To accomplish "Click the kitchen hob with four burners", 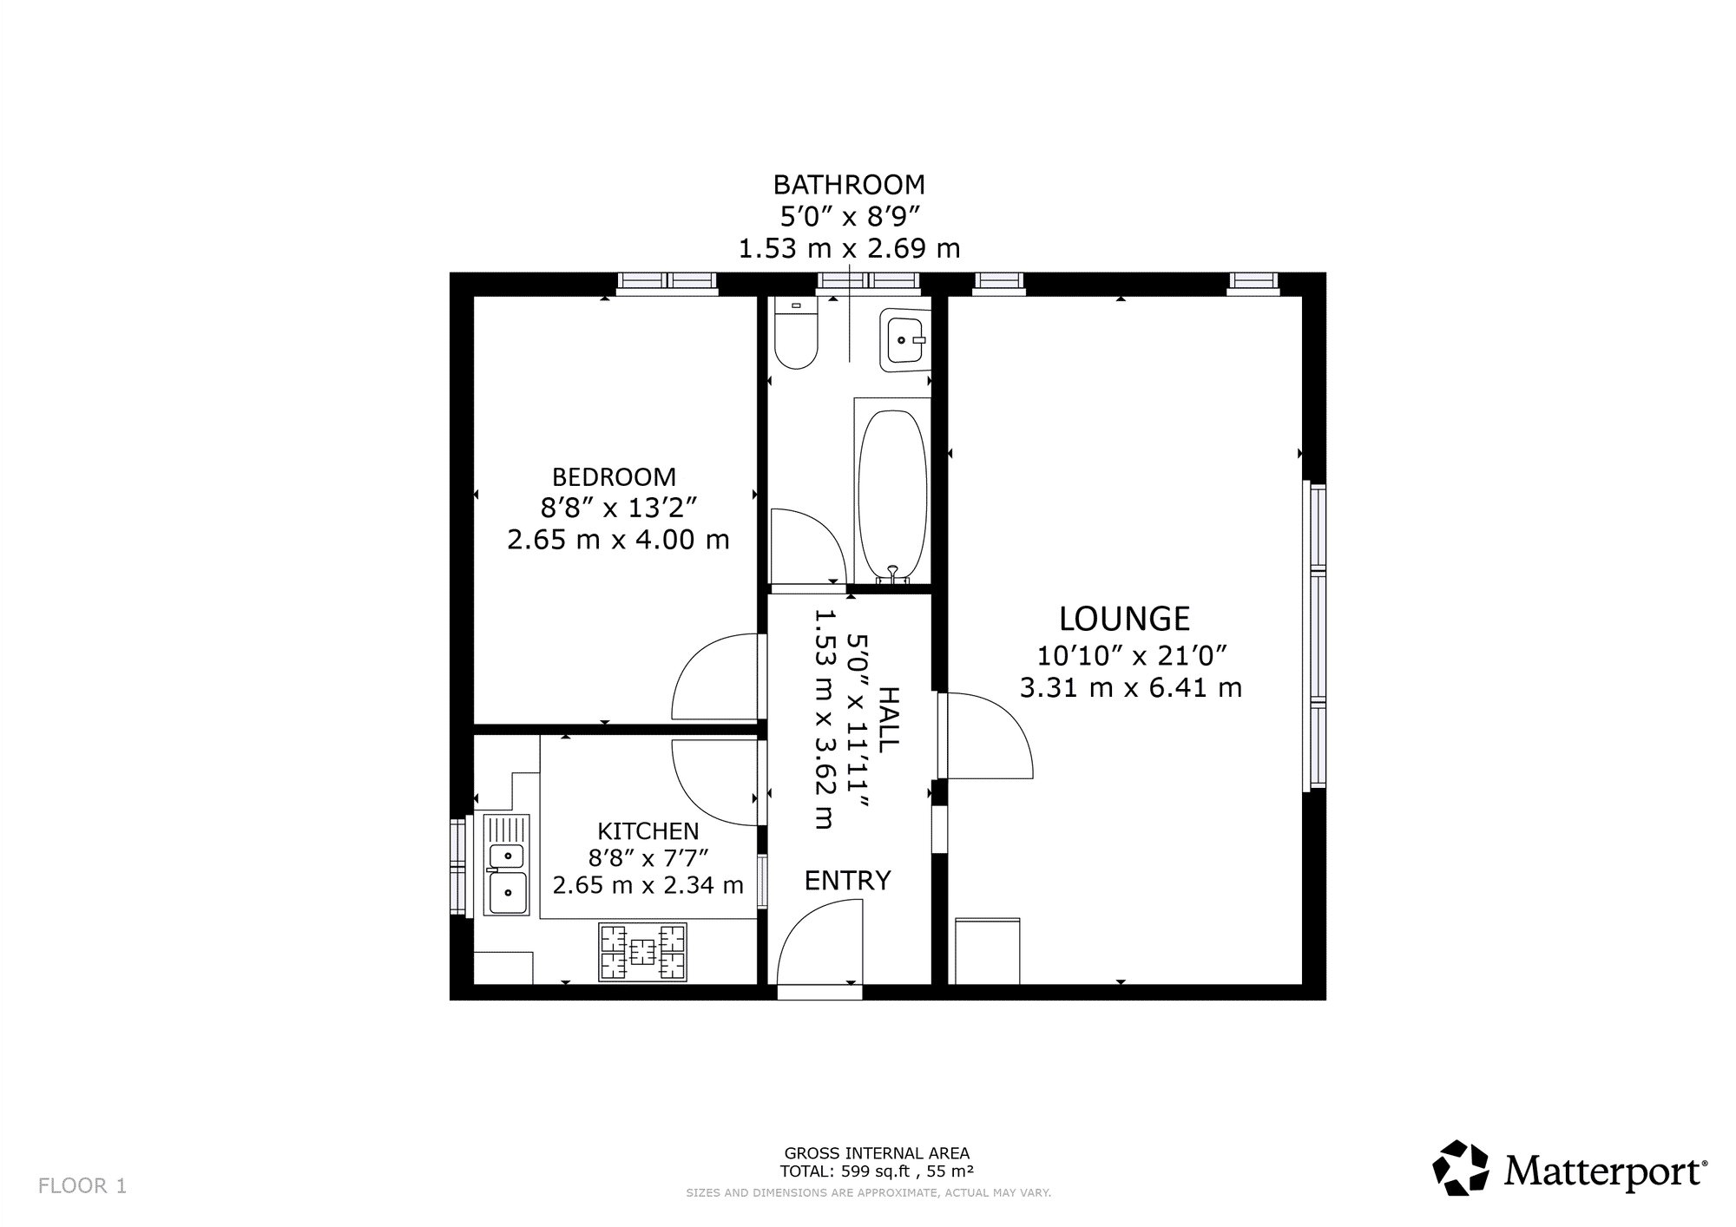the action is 642,952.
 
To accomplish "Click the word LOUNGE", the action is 1124,619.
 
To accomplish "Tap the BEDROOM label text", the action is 614,477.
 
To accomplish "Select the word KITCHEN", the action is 648,831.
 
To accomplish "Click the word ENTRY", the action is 847,881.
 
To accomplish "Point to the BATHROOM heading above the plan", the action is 849,185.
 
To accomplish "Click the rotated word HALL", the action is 888,718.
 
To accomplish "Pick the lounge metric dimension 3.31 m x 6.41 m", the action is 1130,688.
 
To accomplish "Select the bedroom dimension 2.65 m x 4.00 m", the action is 618,540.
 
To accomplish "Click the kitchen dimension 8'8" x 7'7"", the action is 648,858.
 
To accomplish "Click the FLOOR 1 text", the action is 82,1186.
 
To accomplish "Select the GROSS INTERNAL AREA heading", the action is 877,1153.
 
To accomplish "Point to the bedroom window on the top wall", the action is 667,282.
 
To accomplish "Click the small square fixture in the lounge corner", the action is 988,951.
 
